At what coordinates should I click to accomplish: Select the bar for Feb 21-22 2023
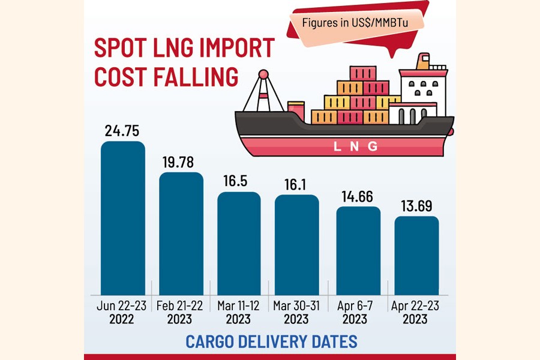pyautogui.click(x=181, y=233)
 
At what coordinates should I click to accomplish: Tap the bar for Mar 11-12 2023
pyautogui.click(x=239, y=243)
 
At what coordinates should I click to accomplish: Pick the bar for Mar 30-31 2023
pyautogui.click(x=297, y=244)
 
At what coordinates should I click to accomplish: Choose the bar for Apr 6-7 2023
pyautogui.click(x=358, y=250)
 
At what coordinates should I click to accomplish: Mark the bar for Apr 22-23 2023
pyautogui.click(x=416, y=255)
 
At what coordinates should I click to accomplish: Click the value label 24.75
pyautogui.click(x=122, y=131)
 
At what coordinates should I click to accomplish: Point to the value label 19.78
pyautogui.click(x=181, y=162)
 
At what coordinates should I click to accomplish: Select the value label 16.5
pyautogui.click(x=239, y=182)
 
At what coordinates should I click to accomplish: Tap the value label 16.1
pyautogui.click(x=297, y=184)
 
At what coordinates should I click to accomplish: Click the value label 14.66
pyautogui.click(x=358, y=196)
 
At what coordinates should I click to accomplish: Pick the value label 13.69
pyautogui.click(x=416, y=206)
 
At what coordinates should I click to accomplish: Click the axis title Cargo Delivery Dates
pyautogui.click(x=271, y=341)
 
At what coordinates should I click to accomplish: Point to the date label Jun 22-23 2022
pyautogui.click(x=122, y=312)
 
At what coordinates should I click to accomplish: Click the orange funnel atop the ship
pyautogui.click(x=424, y=61)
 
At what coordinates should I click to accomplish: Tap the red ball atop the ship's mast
pyautogui.click(x=263, y=74)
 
